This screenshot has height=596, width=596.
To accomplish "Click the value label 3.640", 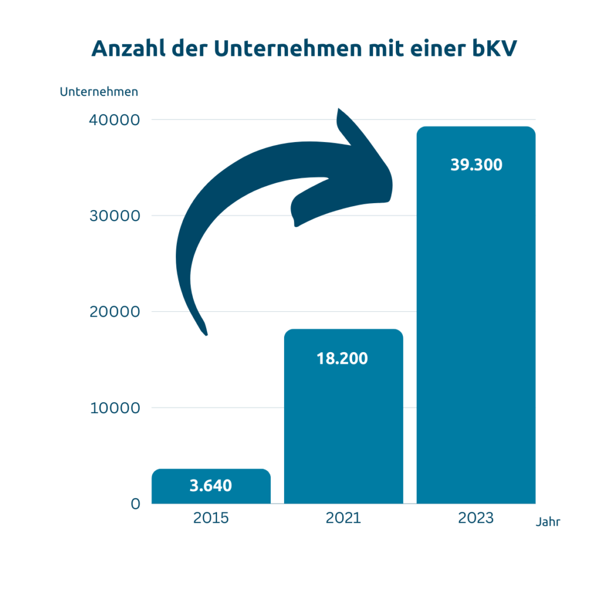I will point(211,485).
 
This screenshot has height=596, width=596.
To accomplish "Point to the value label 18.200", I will point(342,359).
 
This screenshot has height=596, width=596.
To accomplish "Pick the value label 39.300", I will point(476,165).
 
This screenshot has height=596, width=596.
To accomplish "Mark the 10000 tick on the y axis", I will point(115,408).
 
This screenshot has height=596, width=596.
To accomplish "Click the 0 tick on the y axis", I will point(135,504).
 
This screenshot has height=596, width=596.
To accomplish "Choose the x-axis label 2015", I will point(211,518).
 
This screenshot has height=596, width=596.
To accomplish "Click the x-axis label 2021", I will point(343,518).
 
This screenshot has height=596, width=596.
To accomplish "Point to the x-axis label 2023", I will point(476,518).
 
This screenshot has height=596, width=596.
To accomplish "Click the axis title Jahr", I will point(548,523).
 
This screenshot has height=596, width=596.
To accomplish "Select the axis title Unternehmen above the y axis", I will point(99,92).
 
